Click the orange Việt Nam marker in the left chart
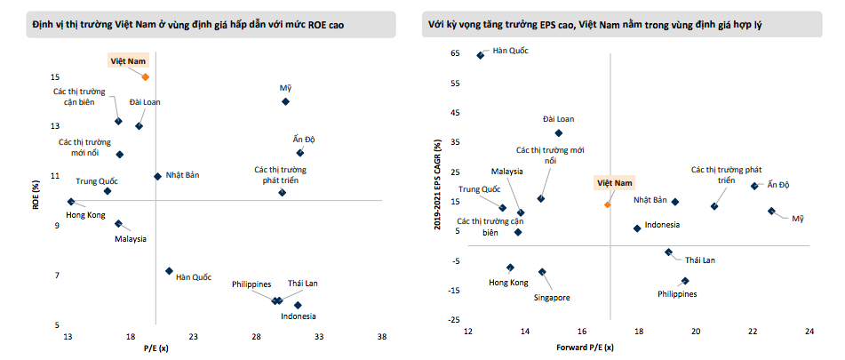tap(146, 77)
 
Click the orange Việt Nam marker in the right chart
tap(608, 204)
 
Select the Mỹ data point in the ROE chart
tap(285, 101)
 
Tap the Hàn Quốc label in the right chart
tap(510, 51)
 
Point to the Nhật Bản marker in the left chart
tap(157, 176)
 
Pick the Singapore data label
tap(552, 297)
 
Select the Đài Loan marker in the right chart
tap(558, 133)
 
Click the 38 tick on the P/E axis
tap(382, 337)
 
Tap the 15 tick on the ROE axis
tap(55, 77)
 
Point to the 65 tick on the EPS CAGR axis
tap(455, 54)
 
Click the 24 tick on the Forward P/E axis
tap(809, 332)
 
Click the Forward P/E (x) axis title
tap(584, 347)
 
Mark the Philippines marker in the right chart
tap(685, 281)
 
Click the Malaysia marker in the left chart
tap(118, 224)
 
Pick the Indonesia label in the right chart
tap(662, 226)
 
